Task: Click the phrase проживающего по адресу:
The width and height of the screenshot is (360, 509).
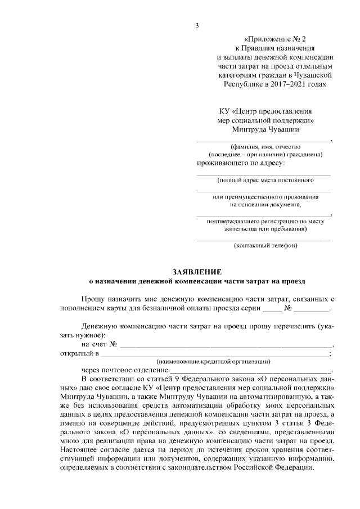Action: [x=240, y=164]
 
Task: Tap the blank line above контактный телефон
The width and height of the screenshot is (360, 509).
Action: [x=263, y=240]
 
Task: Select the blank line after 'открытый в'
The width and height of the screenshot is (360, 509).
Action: [x=213, y=354]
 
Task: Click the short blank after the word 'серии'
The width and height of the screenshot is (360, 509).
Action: [x=272, y=309]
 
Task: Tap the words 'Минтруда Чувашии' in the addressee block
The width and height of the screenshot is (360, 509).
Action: [x=265, y=129]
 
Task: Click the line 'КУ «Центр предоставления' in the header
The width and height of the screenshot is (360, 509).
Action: [x=265, y=111]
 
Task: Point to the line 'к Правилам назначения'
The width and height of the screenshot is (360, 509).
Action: [x=275, y=48]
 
